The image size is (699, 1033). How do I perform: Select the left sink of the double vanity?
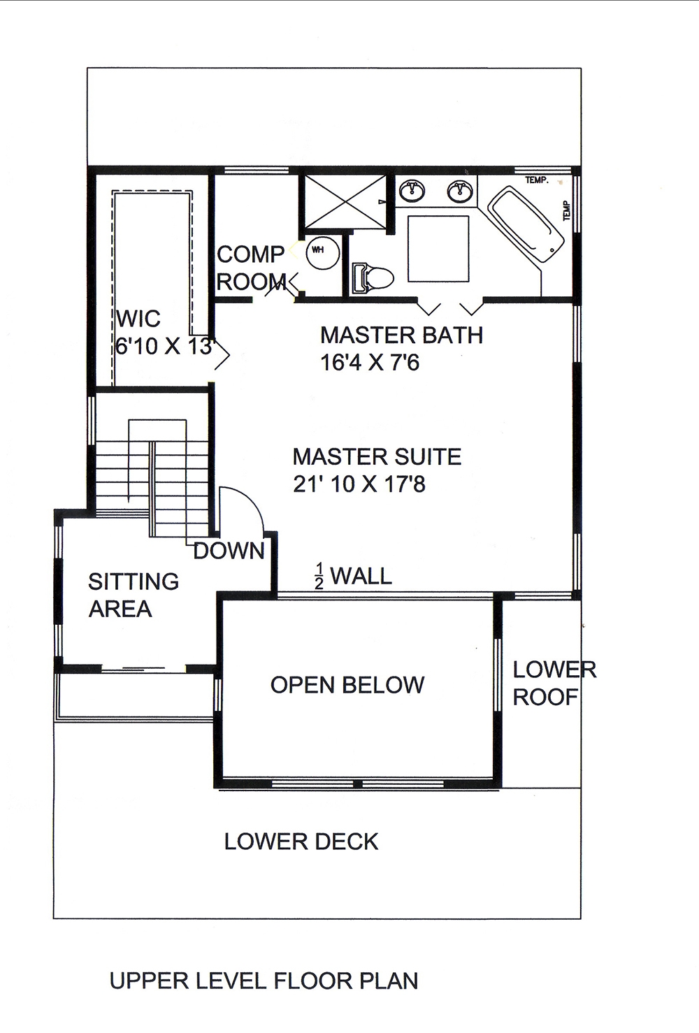click(x=412, y=189)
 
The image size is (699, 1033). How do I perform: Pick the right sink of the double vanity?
click(x=459, y=190)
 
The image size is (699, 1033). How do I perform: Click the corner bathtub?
click(x=525, y=224)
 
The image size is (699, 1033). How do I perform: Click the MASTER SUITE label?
click(x=377, y=456)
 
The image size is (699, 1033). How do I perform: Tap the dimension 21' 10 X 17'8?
click(x=359, y=484)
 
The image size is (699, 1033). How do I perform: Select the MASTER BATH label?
click(x=401, y=335)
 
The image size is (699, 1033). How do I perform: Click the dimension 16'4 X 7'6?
click(x=370, y=363)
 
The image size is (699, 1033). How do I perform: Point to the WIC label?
click(x=138, y=319)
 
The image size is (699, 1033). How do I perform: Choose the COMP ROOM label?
click(x=250, y=268)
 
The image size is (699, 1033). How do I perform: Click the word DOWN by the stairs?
click(x=229, y=551)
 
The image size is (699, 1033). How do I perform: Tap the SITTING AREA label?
click(x=133, y=595)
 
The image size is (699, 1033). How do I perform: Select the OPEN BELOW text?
click(x=347, y=685)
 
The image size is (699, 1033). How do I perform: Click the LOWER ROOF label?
click(x=554, y=683)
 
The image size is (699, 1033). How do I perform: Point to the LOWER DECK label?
click(x=301, y=841)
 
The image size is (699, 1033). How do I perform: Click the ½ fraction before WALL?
click(x=319, y=577)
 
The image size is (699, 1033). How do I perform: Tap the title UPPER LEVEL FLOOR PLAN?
click(x=264, y=981)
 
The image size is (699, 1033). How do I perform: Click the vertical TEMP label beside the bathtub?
click(x=566, y=210)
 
